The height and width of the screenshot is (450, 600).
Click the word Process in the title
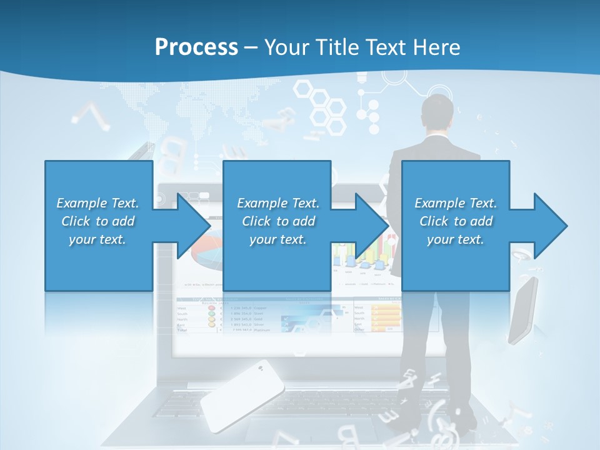196,47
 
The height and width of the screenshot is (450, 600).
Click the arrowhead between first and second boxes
194,226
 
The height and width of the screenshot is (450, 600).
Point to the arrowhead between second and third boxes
372,226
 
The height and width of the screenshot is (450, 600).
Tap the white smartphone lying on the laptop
242,395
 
